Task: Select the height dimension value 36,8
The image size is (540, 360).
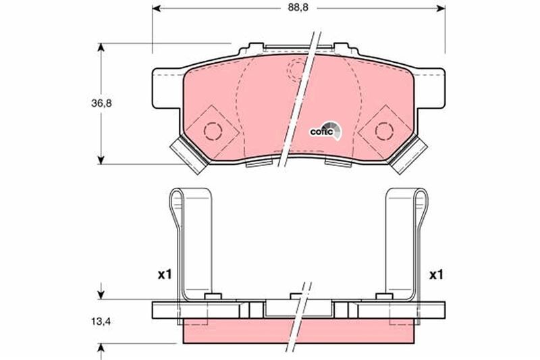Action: [x=101, y=103]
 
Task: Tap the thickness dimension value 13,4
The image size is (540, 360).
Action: [x=101, y=322]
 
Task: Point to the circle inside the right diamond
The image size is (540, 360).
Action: [x=383, y=130]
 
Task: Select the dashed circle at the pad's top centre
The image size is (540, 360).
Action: [x=297, y=68]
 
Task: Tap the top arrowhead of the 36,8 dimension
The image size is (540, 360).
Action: [x=101, y=47]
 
